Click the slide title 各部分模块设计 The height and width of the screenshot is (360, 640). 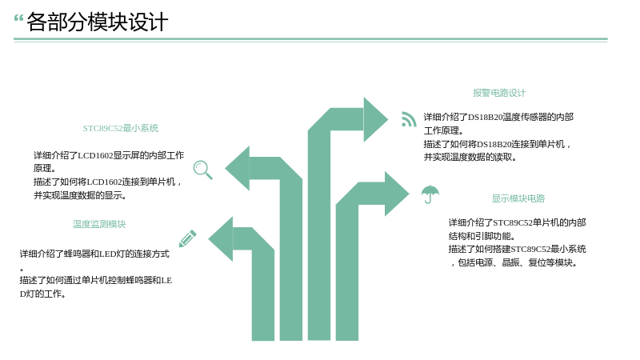click(97, 22)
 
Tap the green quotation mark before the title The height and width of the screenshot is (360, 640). click(18, 18)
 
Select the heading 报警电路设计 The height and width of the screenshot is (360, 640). click(499, 93)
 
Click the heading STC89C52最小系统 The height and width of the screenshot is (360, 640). click(121, 128)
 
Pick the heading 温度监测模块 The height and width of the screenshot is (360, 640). click(99, 224)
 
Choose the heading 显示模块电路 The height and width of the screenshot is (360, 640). click(518, 198)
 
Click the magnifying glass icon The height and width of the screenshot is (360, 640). click(203, 170)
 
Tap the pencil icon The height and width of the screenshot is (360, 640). click(188, 238)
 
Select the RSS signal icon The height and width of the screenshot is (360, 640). click(409, 119)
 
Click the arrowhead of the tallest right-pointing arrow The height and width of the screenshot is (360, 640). click(375, 119)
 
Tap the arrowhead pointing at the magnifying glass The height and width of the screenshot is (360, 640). click(237, 168)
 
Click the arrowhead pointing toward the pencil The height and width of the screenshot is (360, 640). click(221, 239)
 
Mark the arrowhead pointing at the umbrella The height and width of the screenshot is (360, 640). click(397, 194)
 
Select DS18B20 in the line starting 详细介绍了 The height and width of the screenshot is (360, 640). click(486, 117)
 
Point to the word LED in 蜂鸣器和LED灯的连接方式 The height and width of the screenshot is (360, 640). click(108, 254)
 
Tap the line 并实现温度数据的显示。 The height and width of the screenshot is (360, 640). click(80, 195)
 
